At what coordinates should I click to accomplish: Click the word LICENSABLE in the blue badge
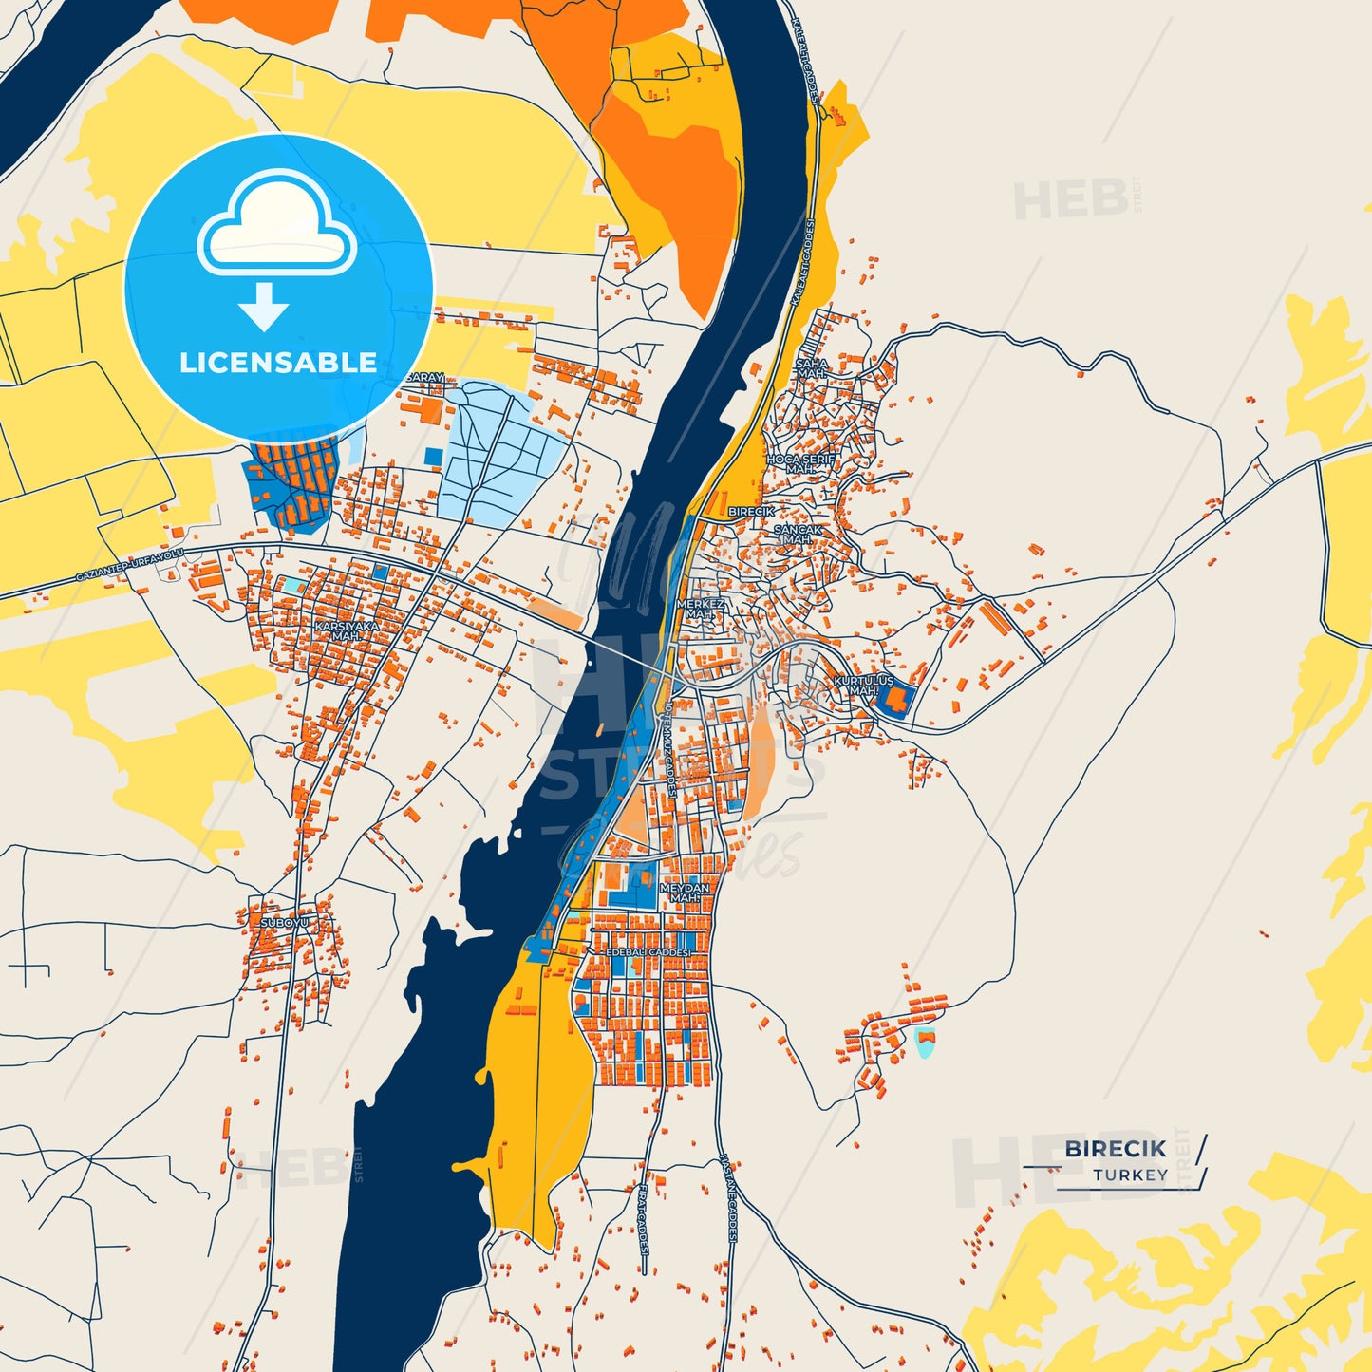(x=278, y=362)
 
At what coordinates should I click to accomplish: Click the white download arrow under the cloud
(x=264, y=307)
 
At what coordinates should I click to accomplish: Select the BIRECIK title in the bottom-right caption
(x=1115, y=1148)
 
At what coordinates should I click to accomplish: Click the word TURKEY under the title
(x=1130, y=1175)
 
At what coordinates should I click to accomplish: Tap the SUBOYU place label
(x=285, y=922)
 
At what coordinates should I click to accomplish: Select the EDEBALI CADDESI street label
(x=649, y=951)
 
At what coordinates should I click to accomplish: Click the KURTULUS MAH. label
(x=863, y=686)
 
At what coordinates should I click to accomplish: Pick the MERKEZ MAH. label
(x=700, y=609)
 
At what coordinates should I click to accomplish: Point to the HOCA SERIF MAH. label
(x=800, y=463)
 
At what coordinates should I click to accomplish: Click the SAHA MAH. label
(x=811, y=367)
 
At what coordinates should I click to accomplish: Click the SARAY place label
(x=424, y=377)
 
